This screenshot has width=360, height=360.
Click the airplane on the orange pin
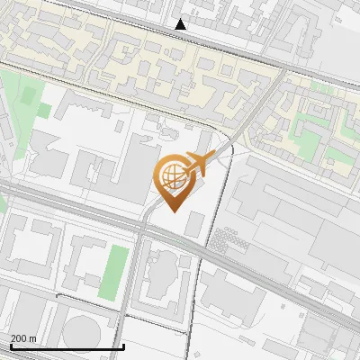click(197, 164)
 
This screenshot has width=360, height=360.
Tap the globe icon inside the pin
click(172, 177)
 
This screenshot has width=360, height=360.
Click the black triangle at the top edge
click(182, 24)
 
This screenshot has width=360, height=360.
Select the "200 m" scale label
click(23, 338)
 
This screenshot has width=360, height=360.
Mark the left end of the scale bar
click(10, 346)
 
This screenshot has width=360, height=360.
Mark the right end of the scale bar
click(123, 346)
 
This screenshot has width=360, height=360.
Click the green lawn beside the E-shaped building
click(114, 268)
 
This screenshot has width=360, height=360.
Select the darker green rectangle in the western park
click(29, 94)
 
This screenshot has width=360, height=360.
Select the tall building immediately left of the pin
click(139, 162)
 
